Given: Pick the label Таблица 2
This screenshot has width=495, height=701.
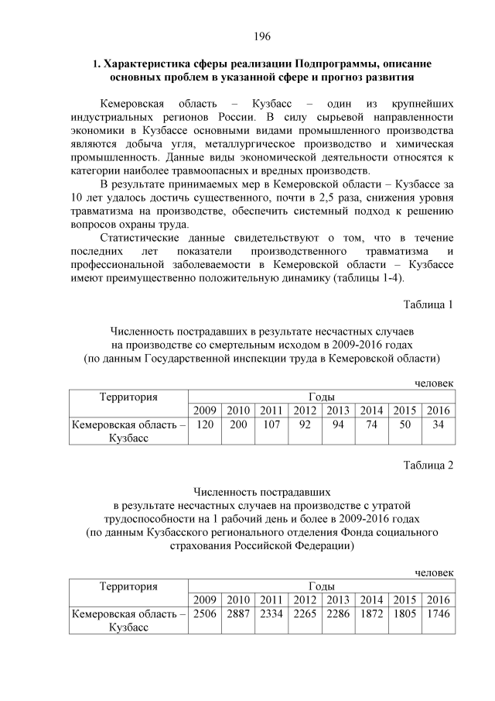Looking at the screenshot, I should (x=428, y=465).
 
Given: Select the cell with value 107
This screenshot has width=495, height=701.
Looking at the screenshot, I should (x=271, y=424).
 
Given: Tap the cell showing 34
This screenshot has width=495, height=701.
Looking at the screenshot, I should (x=438, y=424).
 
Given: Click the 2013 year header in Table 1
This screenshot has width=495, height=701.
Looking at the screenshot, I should (x=337, y=410).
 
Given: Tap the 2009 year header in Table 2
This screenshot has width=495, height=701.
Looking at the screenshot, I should (x=205, y=600).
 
